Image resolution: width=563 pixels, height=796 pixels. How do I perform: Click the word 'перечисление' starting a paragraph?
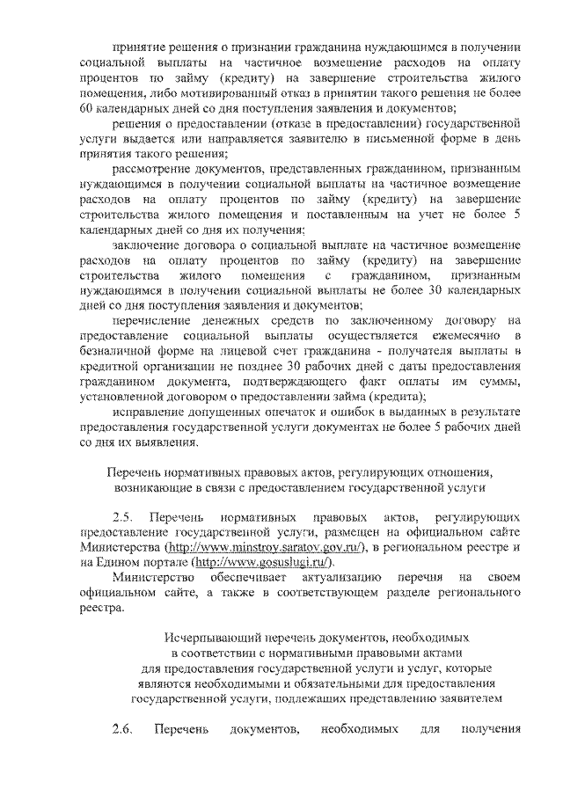(154, 319)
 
